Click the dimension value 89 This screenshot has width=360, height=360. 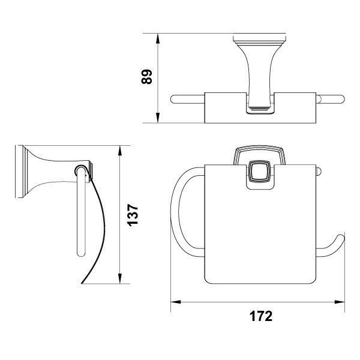click(146, 77)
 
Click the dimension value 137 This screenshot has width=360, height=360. click(133, 215)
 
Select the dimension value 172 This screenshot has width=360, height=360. click(261, 316)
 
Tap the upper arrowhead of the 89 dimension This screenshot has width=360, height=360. click(157, 38)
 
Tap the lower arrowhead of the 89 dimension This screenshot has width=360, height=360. click(157, 118)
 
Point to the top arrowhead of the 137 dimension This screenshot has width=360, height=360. click(119, 151)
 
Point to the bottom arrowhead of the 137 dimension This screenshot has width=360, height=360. click(119, 278)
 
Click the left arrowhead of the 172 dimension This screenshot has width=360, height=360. click(176, 302)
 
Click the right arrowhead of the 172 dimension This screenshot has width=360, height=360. click(340, 302)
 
